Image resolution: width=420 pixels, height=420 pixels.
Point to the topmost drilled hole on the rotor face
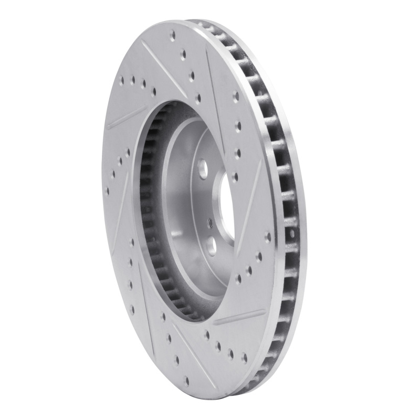tap(172, 36)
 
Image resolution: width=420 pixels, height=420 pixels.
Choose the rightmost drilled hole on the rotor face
tap(268, 237)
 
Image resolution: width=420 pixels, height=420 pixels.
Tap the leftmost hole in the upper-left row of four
tap(121, 80)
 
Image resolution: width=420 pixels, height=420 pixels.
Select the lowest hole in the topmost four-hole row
tap(198, 97)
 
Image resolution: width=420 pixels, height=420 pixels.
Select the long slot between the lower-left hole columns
tap(118, 220)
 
